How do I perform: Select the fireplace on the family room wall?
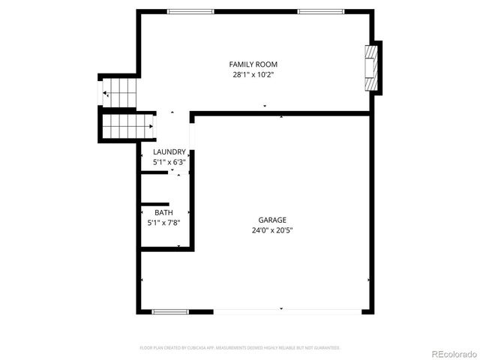tap(370, 68)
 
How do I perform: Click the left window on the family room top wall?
tap(190, 11)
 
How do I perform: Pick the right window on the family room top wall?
tap(321, 11)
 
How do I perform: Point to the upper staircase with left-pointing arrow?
tap(119, 94)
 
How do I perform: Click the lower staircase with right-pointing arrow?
tap(127, 126)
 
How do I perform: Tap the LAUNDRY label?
tap(169, 151)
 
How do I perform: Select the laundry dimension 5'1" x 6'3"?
tap(169, 162)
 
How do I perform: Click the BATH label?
tap(163, 212)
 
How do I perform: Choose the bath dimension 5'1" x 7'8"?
tap(163, 223)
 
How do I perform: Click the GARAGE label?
tap(272, 220)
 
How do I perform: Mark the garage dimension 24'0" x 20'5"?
tap(272, 230)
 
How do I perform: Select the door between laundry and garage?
tap(192, 136)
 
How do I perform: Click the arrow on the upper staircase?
tap(106, 94)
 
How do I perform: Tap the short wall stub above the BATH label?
tap(155, 203)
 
